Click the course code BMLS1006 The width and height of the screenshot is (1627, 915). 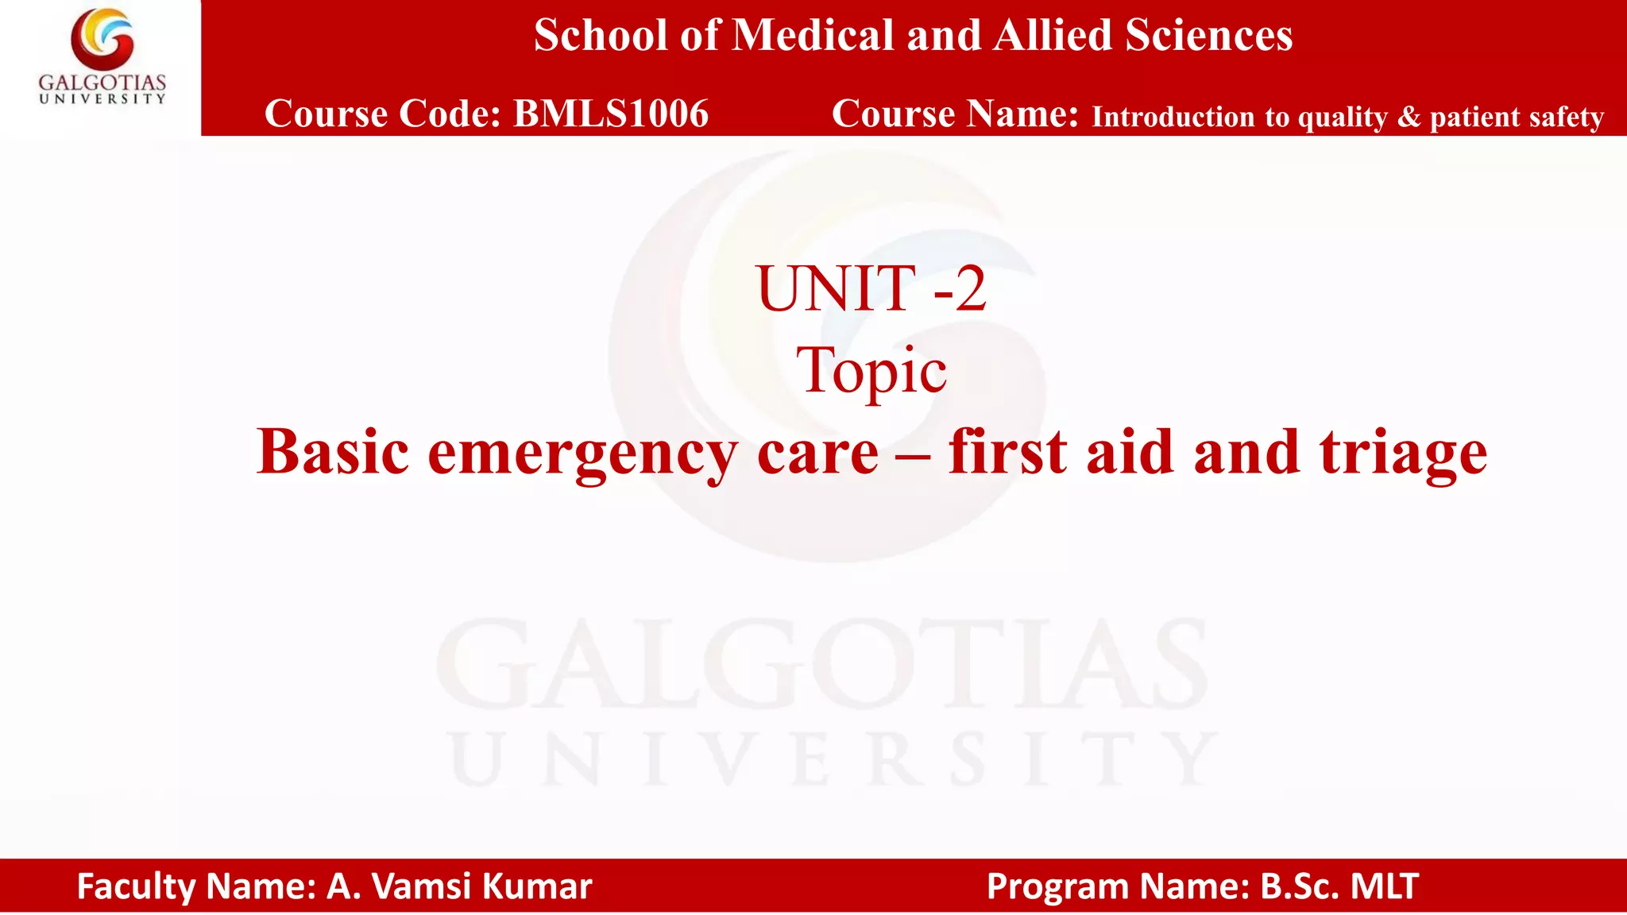[610, 114]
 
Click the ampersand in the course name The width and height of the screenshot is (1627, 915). [1409, 117]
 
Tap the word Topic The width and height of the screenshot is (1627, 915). [871, 371]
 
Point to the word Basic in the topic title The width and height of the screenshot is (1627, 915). [333, 453]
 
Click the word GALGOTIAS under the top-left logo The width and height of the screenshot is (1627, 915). [102, 83]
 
